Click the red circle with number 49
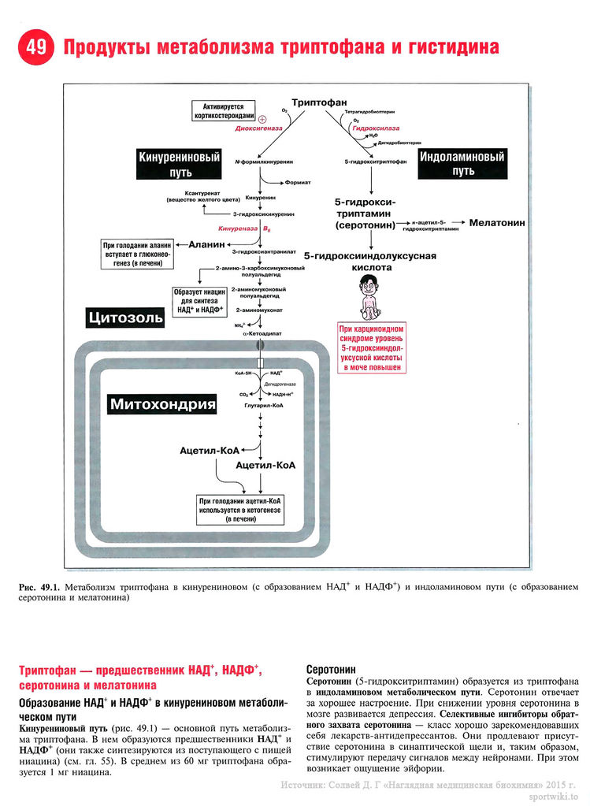(x=35, y=47)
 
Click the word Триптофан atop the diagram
(x=319, y=103)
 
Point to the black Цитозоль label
(x=126, y=318)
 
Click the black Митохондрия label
(x=163, y=405)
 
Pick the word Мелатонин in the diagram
(x=496, y=223)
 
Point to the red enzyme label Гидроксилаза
(x=376, y=127)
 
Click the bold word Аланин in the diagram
(x=207, y=243)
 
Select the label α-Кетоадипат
(x=260, y=334)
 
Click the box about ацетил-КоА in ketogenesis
(x=241, y=510)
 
